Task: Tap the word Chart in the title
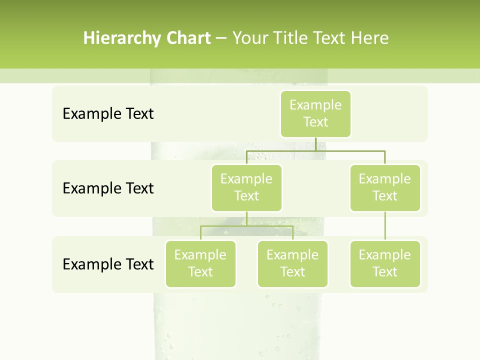point(188,38)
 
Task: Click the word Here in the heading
point(370,38)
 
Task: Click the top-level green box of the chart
point(315,113)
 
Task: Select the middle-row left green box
point(246,187)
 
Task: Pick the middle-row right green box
point(385,187)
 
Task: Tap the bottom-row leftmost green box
point(200,263)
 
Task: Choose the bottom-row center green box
point(292,263)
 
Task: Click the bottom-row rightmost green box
point(385,263)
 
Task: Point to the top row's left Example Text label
point(108,114)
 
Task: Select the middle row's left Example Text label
point(108,188)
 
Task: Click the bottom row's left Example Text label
point(108,264)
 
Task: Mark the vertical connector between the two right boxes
point(385,226)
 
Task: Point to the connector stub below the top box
point(315,144)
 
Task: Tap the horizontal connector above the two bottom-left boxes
point(246,226)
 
